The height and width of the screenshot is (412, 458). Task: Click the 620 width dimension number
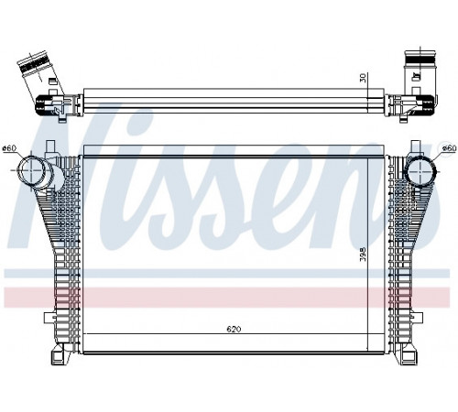point(234,330)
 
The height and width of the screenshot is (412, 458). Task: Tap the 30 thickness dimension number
point(363,78)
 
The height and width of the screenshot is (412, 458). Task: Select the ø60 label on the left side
point(9,148)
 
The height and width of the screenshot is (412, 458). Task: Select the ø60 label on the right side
point(449,148)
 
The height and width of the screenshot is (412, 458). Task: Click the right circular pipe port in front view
point(420,171)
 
